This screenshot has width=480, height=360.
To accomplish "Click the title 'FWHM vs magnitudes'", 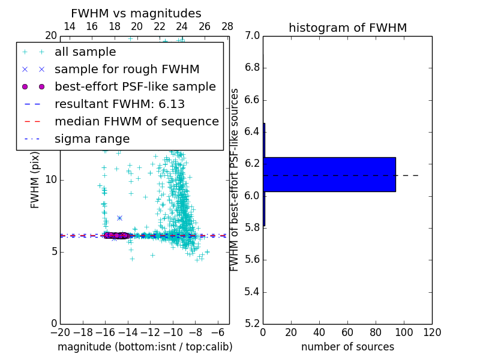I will click(136, 13).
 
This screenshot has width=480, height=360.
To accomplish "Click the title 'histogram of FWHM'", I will click(347, 28).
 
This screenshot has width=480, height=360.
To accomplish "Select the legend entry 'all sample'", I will click(85, 52).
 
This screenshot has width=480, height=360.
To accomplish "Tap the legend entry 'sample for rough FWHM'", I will click(127, 69).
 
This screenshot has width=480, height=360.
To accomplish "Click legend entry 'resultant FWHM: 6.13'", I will click(119, 104).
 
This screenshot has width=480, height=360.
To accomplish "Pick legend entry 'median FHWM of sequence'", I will click(136, 121).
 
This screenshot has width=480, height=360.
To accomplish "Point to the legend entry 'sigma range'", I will click(92, 139).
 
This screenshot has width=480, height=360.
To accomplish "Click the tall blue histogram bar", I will click(329, 174).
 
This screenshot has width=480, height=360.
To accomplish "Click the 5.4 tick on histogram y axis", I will click(252, 292).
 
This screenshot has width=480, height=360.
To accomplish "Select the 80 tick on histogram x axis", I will click(376, 331).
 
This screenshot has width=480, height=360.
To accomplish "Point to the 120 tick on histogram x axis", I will click(432, 331).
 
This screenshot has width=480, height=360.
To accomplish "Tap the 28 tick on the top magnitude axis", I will click(227, 26).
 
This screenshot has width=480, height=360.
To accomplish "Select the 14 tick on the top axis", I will click(70, 26).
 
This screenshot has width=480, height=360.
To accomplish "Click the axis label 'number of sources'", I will click(347, 347).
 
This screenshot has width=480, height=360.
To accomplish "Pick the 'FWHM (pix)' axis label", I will click(35, 179).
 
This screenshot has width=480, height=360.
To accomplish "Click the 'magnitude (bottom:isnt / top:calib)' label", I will click(145, 347).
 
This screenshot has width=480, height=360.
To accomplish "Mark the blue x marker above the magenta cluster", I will click(119, 218).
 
